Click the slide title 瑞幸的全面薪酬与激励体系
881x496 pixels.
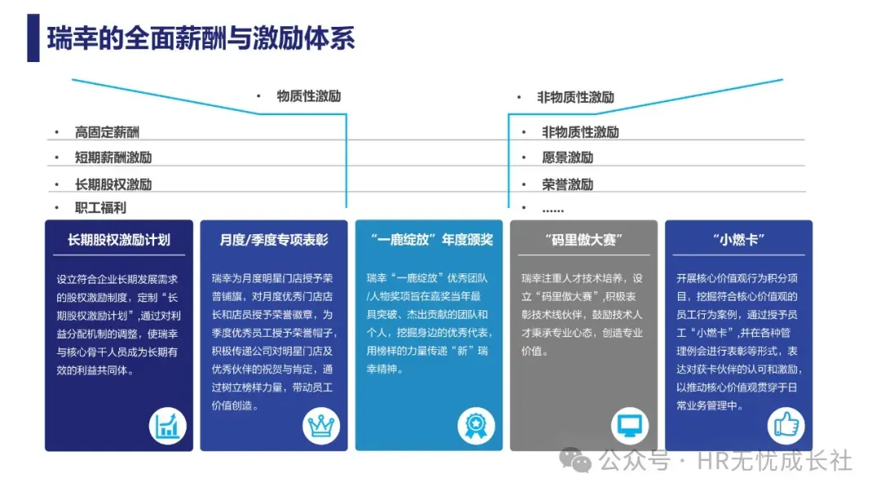(x=201, y=38)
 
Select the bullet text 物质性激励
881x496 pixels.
(x=308, y=96)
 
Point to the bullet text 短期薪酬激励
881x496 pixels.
(x=113, y=157)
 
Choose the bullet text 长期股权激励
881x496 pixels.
(x=113, y=184)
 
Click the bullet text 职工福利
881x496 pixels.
(x=100, y=208)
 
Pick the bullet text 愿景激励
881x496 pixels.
(x=568, y=157)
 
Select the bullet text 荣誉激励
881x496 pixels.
(x=568, y=184)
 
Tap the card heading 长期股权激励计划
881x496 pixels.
(x=119, y=240)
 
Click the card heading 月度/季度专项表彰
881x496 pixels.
(x=274, y=240)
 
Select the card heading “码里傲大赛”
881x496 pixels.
(x=583, y=240)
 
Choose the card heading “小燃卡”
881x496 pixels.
(x=738, y=240)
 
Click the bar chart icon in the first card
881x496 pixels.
(x=168, y=426)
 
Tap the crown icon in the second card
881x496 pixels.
(x=321, y=426)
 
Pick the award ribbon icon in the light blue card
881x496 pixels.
(x=476, y=426)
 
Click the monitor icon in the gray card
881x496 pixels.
(x=631, y=426)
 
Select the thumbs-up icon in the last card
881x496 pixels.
(x=786, y=426)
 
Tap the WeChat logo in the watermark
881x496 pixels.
(x=581, y=461)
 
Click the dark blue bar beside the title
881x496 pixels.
(x=33, y=38)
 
